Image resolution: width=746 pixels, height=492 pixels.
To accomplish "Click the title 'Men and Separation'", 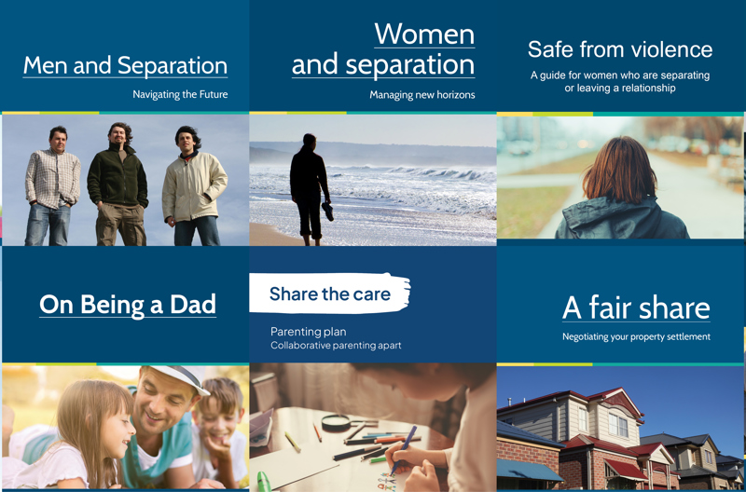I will pos(125,65).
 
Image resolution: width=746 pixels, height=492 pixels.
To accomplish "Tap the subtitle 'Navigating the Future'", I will pos(180,94).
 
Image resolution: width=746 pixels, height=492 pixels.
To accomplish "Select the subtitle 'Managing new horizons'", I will pos(421,94).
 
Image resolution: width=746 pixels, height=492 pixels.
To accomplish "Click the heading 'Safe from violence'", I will pos(620,49).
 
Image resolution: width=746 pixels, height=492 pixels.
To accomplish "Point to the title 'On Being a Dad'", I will pos(128,304).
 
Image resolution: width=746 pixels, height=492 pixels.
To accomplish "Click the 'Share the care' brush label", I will pos(329,294).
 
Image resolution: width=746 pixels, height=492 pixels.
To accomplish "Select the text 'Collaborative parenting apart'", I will pos(336,346).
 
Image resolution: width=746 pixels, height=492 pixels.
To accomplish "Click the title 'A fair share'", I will pos(636,307).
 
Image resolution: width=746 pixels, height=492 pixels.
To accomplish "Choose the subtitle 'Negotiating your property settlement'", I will pos(636,336).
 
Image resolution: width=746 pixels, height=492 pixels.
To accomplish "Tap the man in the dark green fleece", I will pos(117,182).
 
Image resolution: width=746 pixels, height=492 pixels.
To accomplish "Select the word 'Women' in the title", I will pos(424,34).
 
